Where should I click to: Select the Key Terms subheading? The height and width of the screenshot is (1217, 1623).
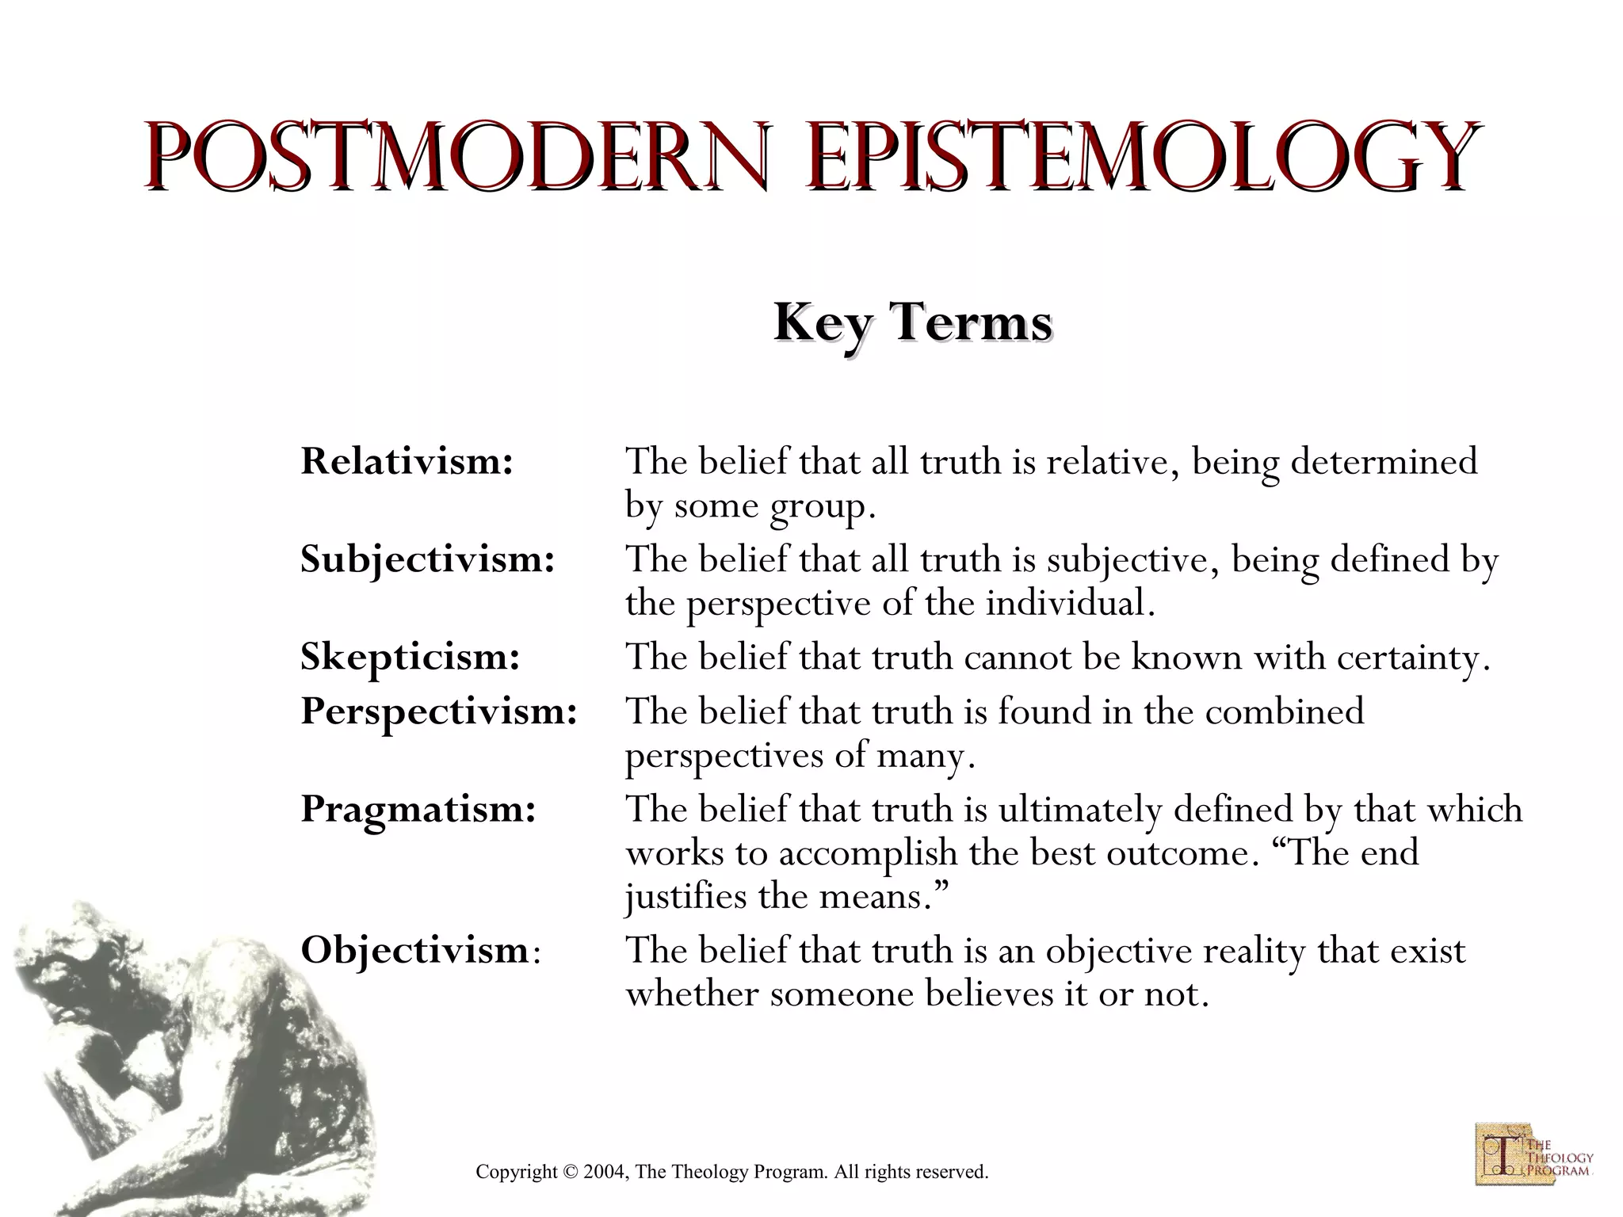(x=912, y=322)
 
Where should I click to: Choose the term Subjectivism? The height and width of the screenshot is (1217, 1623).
(x=427, y=559)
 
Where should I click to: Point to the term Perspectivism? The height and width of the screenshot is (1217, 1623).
(x=438, y=711)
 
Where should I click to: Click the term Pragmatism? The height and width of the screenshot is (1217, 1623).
(x=418, y=809)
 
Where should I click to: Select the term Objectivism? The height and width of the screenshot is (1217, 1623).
(x=414, y=949)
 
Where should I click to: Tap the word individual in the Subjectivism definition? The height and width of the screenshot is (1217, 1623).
(x=1069, y=605)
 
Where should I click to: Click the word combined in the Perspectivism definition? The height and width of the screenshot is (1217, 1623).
(x=1284, y=711)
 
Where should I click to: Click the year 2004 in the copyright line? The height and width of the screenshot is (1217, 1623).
(x=605, y=1172)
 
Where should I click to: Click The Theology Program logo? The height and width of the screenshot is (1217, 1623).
(x=1533, y=1153)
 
